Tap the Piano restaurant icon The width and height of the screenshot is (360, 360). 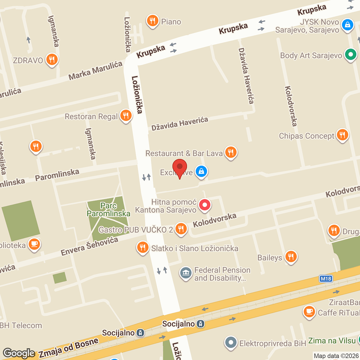coord(152,21)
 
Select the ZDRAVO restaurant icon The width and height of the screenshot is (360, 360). coord(51,60)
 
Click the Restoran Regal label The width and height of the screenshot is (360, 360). coord(92,117)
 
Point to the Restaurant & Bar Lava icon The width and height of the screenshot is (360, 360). coord(230,152)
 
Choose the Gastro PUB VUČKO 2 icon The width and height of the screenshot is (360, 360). coord(181,229)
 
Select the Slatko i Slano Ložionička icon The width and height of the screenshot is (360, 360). coord(142,248)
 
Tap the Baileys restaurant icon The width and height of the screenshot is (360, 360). coord(291,257)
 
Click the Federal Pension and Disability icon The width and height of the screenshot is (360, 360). coord(186,274)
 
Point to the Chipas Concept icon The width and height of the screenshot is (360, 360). coord(342,135)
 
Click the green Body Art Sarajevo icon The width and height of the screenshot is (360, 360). coord(351,55)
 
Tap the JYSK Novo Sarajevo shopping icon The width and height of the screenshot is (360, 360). coord(348,26)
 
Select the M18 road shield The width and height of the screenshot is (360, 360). coord(326,278)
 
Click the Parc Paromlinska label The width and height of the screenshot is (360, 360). coord(108,209)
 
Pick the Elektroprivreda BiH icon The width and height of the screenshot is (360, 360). coord(230,342)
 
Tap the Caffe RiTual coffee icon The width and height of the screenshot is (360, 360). coord(309,312)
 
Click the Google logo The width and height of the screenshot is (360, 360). coord(18,353)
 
